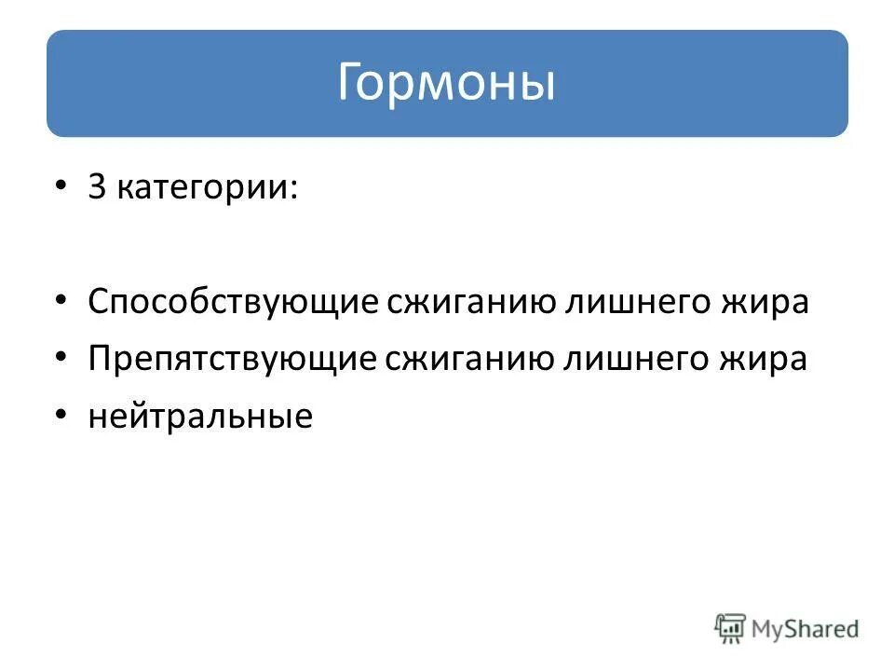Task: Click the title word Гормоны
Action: pyautogui.click(x=446, y=83)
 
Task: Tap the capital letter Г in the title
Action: pyautogui.click(x=348, y=83)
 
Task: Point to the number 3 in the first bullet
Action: pyautogui.click(x=97, y=187)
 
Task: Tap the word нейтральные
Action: pyautogui.click(x=200, y=417)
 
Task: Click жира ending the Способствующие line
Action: pyautogui.click(x=769, y=303)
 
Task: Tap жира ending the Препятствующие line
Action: pyautogui.click(x=768, y=360)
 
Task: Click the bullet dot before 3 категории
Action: pyautogui.click(x=61, y=187)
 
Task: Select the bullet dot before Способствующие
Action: pyautogui.click(x=61, y=302)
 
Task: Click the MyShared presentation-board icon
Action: pyautogui.click(x=731, y=627)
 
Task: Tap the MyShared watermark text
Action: pyautogui.click(x=805, y=629)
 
